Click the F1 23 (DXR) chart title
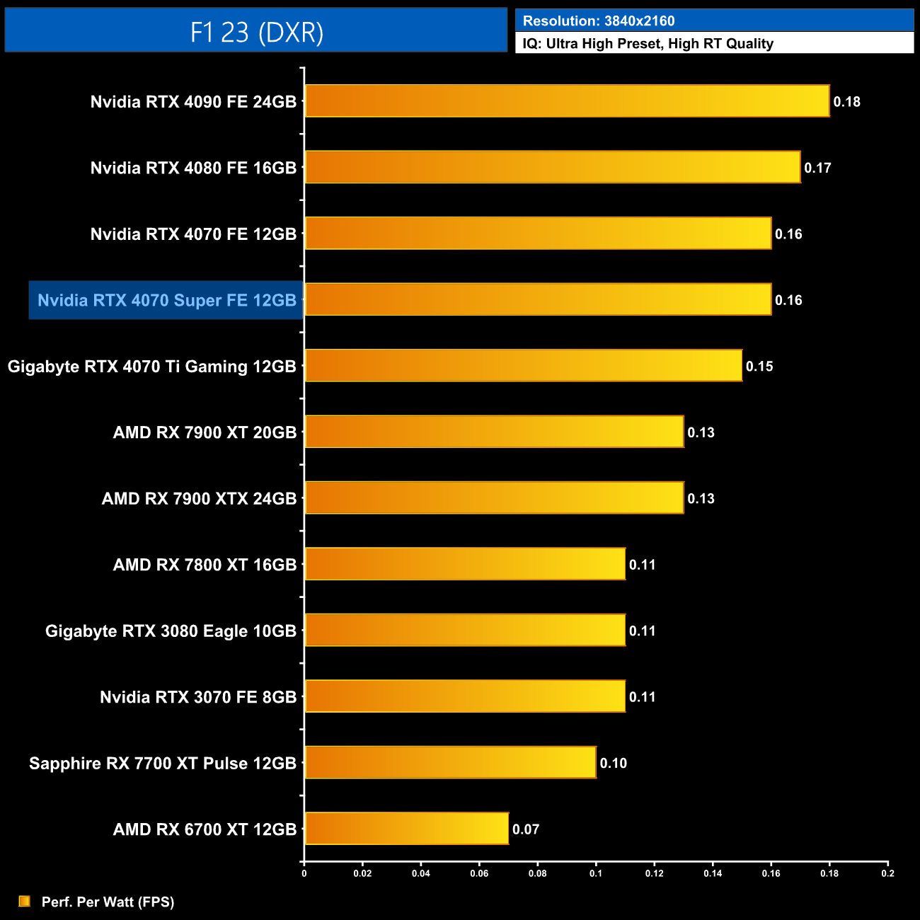[256, 32]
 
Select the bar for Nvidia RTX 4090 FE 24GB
[566, 101]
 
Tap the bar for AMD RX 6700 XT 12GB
[406, 829]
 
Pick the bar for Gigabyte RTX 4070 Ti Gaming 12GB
[523, 366]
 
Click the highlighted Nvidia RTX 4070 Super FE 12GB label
[166, 301]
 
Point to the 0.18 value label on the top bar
[846, 102]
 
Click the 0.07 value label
[526, 829]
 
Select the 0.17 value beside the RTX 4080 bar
[817, 168]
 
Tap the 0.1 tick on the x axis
[596, 873]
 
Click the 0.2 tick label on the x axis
[887, 873]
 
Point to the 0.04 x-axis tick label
[421, 873]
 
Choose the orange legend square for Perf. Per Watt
[25, 901]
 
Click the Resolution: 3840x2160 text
[599, 21]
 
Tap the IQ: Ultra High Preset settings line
[648, 44]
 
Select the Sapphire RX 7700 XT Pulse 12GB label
[163, 764]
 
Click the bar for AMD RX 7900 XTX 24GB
[494, 498]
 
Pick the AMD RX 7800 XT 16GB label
[205, 565]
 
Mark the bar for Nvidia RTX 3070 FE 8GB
[465, 696]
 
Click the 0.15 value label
[759, 367]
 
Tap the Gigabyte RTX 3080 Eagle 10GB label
[171, 631]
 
